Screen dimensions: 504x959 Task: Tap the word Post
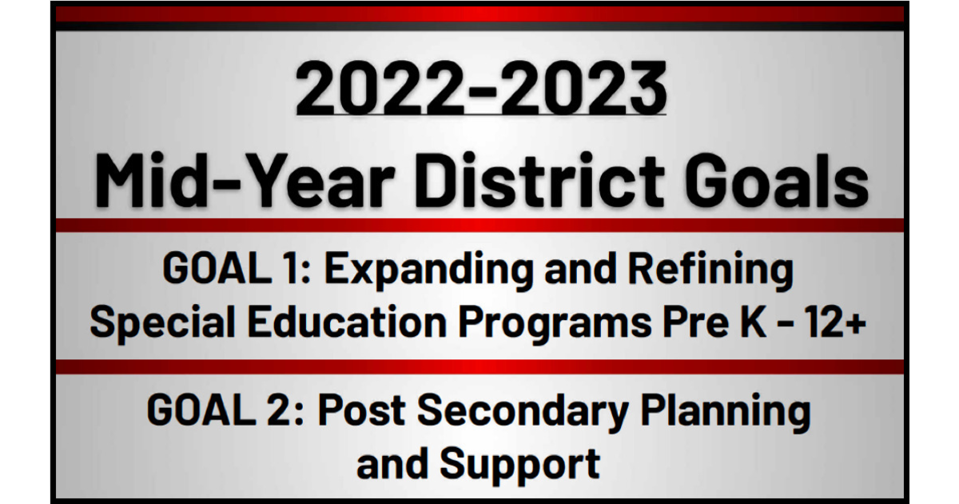click(360, 411)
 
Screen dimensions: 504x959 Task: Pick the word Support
click(519, 464)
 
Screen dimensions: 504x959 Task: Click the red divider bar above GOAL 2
click(479, 366)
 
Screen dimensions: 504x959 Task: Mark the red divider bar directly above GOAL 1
click(479, 226)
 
